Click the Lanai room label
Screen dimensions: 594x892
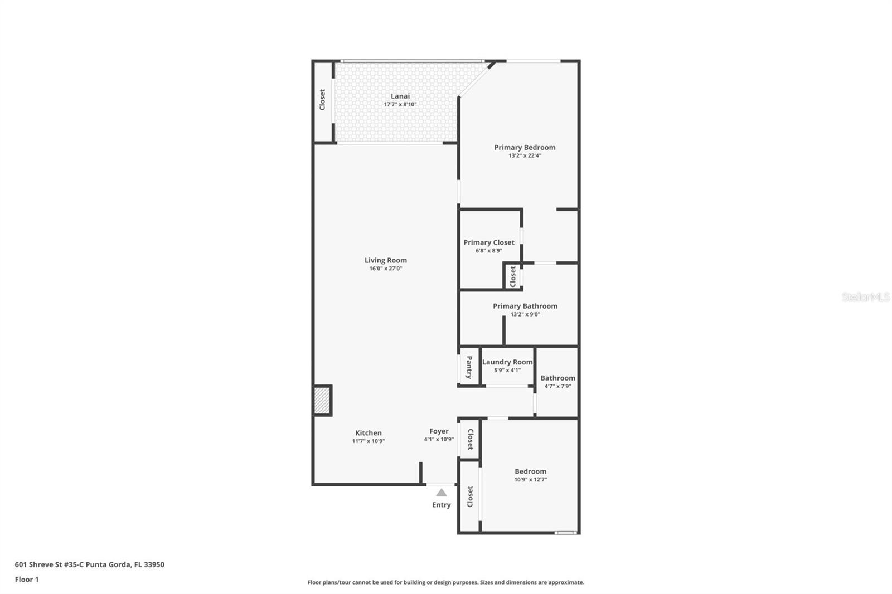point(400,96)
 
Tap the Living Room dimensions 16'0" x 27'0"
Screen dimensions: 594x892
point(385,269)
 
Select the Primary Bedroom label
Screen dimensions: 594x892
point(525,147)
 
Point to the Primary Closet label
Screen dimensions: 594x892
point(488,242)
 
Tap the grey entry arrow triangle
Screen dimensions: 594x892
point(441,493)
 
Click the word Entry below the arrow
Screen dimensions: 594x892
point(441,505)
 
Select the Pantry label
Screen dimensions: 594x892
point(469,367)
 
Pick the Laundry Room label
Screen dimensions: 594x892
point(507,362)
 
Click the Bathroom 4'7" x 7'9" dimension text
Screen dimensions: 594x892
point(557,386)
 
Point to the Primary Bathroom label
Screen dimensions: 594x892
point(525,306)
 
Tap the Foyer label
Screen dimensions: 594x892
point(439,431)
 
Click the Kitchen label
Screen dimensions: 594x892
point(369,432)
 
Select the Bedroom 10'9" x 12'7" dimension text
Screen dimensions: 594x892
point(530,480)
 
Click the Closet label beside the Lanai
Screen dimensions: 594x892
point(322,100)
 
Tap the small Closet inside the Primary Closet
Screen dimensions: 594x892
point(513,276)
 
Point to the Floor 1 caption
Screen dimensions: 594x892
point(27,580)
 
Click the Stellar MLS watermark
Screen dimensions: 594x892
point(865,297)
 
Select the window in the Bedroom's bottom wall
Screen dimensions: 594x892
point(565,533)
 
